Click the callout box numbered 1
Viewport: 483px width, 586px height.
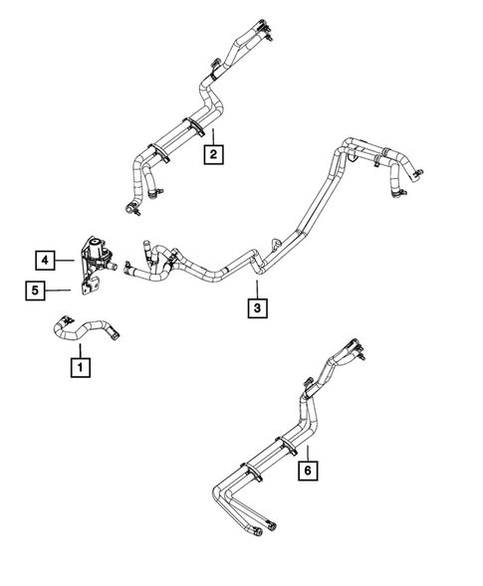pyautogui.click(x=77, y=367)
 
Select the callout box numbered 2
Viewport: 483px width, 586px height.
pyautogui.click(x=213, y=153)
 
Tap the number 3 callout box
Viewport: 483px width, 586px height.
pyautogui.click(x=257, y=308)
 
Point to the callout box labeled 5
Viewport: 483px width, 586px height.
pyautogui.click(x=34, y=291)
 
